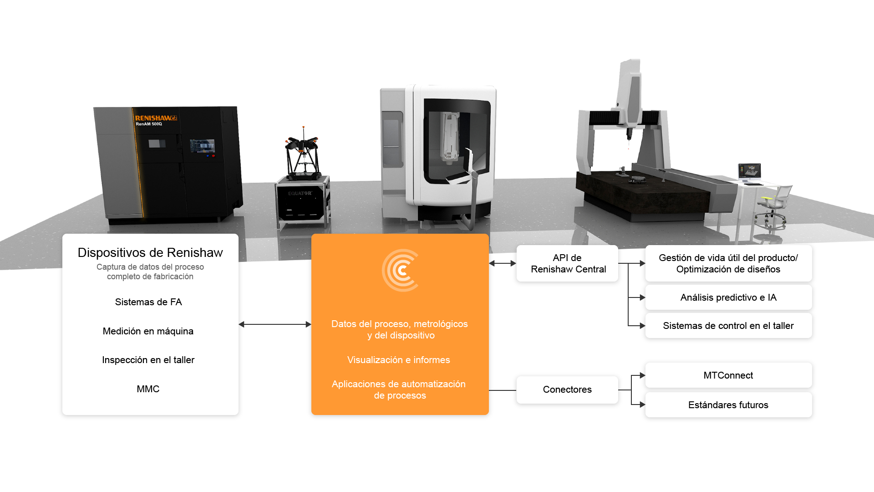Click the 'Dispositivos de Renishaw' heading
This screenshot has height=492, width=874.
(150, 253)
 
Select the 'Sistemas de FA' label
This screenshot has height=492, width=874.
(148, 302)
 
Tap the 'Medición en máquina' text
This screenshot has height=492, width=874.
(148, 331)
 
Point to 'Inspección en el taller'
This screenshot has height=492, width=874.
(148, 360)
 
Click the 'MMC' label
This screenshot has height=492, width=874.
(148, 389)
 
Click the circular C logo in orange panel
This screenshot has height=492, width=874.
(400, 270)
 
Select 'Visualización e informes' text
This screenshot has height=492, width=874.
(398, 360)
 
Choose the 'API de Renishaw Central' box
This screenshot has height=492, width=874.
(568, 263)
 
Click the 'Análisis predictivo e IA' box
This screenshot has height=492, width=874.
(728, 297)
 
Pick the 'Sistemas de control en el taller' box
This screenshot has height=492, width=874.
(728, 326)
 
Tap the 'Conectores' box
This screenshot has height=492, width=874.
(567, 389)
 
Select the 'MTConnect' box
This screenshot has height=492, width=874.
(728, 375)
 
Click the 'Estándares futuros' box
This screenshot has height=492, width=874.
(728, 405)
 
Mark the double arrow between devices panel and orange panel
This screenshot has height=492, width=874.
(275, 324)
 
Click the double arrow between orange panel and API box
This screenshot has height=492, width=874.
(503, 263)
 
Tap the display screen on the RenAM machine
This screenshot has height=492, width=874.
(202, 146)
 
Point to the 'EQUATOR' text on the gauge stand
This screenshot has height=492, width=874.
(300, 194)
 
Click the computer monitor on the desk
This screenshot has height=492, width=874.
(749, 172)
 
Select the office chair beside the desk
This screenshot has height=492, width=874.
(773, 207)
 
